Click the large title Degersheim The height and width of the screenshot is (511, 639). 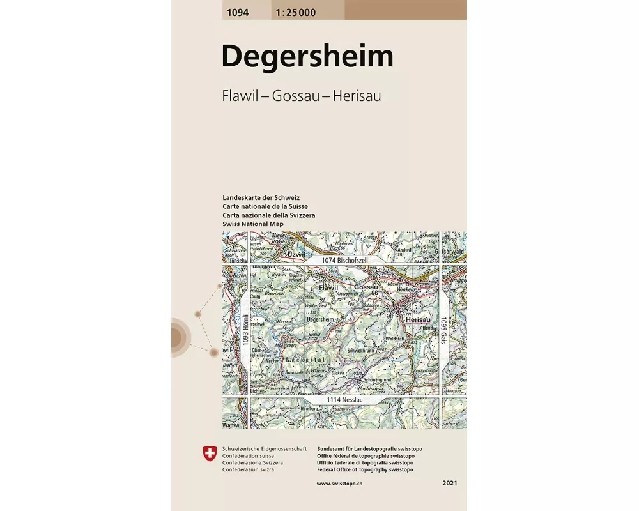[x=307, y=57]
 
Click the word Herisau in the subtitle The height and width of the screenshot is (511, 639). [x=356, y=96]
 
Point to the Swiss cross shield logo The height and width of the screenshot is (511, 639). [x=209, y=455]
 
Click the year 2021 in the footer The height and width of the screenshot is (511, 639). [x=450, y=484]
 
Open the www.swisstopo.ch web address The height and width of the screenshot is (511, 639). [x=341, y=484]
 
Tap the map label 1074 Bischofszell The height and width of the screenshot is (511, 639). [x=346, y=260]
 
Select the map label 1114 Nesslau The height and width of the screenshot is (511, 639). [x=346, y=399]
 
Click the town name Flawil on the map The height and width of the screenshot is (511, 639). [x=328, y=288]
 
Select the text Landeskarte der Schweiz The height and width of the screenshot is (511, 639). [x=261, y=198]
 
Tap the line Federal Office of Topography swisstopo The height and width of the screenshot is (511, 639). [x=365, y=469]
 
